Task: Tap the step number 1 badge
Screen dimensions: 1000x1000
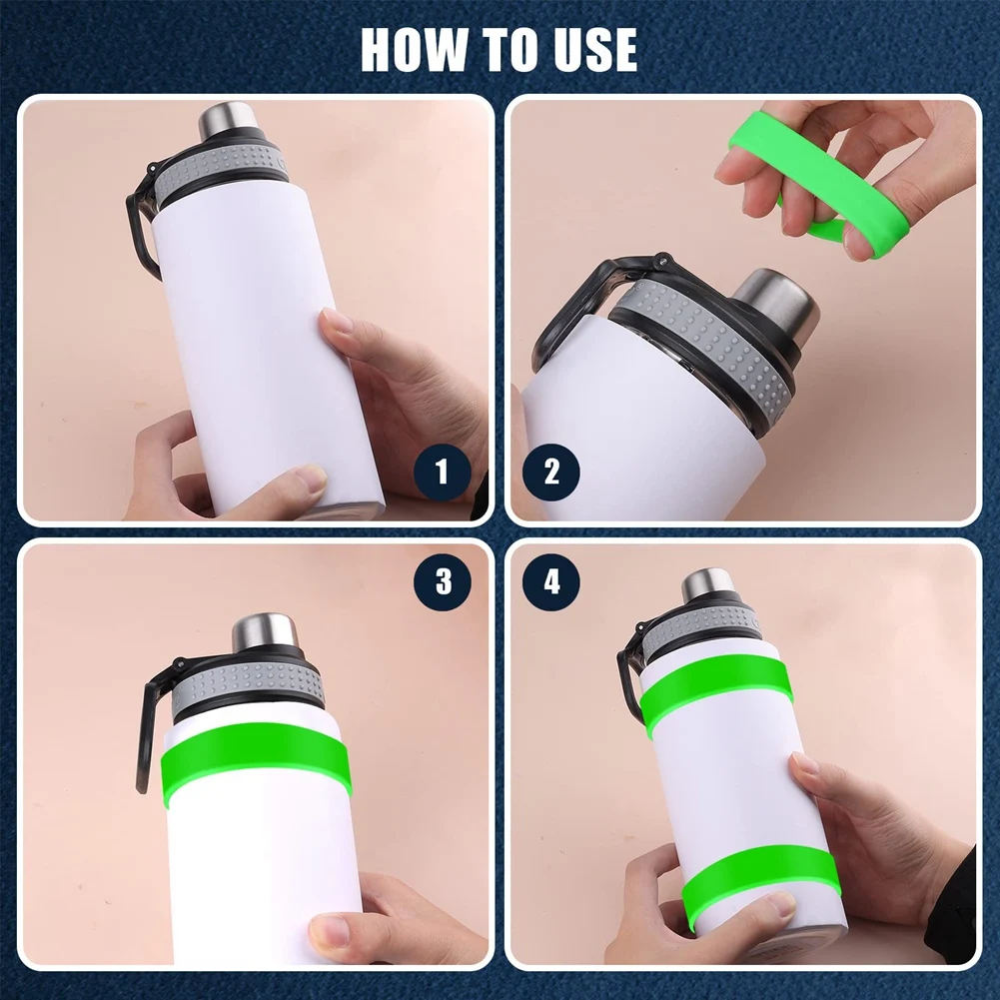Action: pyautogui.click(x=442, y=472)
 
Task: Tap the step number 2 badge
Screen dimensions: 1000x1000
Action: pyautogui.click(x=552, y=472)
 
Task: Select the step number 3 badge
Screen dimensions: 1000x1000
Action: pyautogui.click(x=442, y=582)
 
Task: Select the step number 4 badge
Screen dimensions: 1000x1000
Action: pyautogui.click(x=552, y=582)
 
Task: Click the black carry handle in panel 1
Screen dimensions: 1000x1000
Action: pyautogui.click(x=140, y=230)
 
